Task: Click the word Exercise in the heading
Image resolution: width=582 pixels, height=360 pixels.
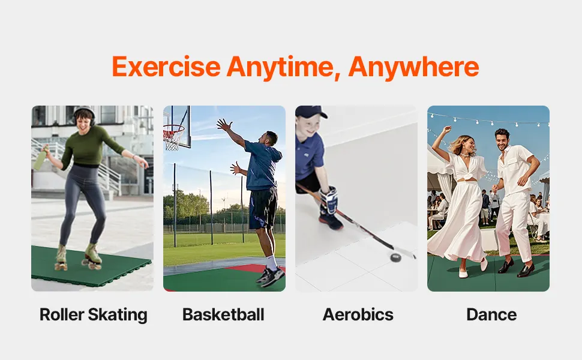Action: tap(166, 67)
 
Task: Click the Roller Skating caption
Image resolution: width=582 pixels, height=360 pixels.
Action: tap(93, 315)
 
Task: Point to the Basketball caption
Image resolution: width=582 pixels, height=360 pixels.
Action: tap(223, 314)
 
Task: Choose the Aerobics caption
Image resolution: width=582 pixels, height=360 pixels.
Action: tap(358, 314)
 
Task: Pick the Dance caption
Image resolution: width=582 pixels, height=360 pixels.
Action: tap(491, 314)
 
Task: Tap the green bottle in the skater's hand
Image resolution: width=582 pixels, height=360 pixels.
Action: tap(40, 158)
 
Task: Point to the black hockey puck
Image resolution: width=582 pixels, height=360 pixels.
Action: tap(395, 257)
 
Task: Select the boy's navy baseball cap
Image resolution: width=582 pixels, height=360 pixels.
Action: tap(311, 112)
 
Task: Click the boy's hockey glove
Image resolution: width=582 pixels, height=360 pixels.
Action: tap(329, 200)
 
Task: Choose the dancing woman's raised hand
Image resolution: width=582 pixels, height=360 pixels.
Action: tap(447, 130)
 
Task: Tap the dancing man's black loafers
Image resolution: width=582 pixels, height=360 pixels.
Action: tap(517, 267)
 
